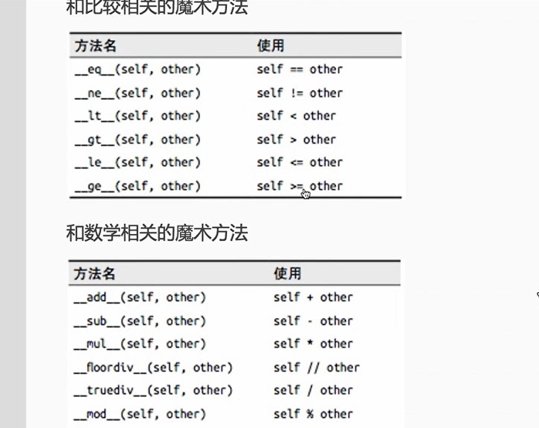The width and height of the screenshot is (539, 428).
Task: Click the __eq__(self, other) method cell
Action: click(137, 70)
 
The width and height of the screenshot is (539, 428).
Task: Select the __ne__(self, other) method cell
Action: click(137, 93)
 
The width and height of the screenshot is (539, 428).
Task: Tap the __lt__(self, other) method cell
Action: click(137, 116)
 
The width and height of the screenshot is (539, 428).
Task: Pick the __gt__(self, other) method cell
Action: click(137, 139)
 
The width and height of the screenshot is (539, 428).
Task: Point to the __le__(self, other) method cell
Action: click(137, 163)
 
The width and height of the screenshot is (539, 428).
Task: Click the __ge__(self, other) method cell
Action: click(137, 186)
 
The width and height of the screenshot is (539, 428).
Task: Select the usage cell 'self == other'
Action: click(300, 70)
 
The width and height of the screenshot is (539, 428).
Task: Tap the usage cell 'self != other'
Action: click(300, 93)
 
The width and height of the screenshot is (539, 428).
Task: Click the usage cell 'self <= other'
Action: click(300, 163)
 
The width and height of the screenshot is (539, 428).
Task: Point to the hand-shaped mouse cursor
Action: click(305, 194)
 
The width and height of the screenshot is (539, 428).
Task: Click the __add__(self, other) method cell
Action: click(140, 297)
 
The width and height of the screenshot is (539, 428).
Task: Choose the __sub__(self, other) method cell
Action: click(140, 321)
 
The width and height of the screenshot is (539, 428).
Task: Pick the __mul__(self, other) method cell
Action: click(140, 344)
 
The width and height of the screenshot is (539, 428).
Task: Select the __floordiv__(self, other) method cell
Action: click(153, 367)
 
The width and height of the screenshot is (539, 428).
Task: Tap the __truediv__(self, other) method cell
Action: click(153, 390)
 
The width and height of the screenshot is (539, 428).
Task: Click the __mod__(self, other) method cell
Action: click(140, 414)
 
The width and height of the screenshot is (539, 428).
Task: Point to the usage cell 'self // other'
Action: click(317, 367)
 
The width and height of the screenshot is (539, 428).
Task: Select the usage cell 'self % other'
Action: click(313, 414)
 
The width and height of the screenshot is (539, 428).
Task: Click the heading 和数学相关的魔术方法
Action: click(157, 233)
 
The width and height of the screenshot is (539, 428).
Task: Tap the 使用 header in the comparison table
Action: click(271, 46)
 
